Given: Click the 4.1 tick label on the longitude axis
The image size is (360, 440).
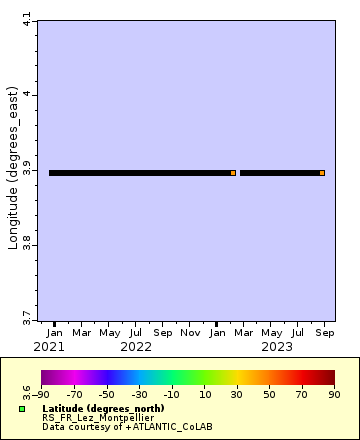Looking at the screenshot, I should (x=27, y=18).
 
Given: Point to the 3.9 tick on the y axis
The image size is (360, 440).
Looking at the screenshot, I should (x=27, y=171).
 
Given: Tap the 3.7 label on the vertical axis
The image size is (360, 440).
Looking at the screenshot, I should (x=27, y=317).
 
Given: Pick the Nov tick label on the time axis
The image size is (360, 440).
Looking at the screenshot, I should (x=190, y=332).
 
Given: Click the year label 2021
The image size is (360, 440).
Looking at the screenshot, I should (x=48, y=347).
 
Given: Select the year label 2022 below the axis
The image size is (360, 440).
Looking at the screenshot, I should (x=135, y=347).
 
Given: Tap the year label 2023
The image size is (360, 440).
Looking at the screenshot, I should (x=275, y=347).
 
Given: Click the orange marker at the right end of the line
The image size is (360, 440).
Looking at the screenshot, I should (x=322, y=173).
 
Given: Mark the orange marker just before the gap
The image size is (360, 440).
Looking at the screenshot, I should (x=233, y=173).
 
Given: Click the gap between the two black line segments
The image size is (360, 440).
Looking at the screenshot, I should (x=238, y=173).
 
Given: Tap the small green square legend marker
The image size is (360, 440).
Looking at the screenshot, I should (x=22, y=409).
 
